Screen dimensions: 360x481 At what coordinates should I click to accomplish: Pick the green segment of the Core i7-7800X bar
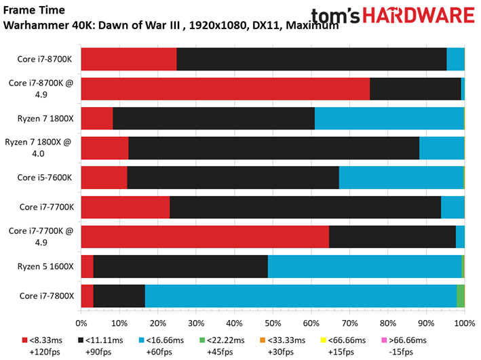click(460, 296)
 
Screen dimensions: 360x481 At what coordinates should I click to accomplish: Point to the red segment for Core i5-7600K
click(104, 178)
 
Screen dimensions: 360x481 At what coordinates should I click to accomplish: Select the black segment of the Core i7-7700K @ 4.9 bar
click(392, 237)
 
